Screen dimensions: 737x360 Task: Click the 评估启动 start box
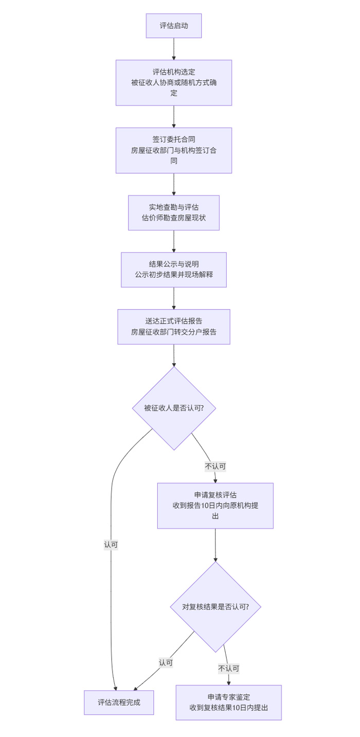coord(173,26)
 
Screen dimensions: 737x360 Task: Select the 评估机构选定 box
coord(173,82)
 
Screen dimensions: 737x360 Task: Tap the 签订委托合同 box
coord(173,150)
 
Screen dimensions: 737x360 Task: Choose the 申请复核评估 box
coord(215,506)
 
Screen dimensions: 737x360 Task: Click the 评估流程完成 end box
coord(119,702)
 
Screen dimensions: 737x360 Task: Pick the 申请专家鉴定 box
coord(228,702)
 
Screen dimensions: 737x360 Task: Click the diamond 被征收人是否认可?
coord(174,408)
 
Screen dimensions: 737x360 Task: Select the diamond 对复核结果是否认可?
coord(215,607)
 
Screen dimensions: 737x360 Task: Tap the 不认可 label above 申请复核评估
coord(215,466)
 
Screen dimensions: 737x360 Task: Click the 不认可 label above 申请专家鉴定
coord(228,669)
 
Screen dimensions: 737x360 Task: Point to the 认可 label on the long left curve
coord(111,545)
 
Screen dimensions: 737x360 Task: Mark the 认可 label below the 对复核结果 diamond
coord(166,663)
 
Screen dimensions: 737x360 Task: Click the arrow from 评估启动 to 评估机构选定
coord(174,49)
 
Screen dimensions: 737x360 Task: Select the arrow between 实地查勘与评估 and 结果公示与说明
coord(174,241)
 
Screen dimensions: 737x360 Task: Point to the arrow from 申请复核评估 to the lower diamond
coord(215,545)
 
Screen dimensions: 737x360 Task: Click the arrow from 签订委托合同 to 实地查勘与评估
coord(174,184)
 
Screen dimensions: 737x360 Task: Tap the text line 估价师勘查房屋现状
coord(173,218)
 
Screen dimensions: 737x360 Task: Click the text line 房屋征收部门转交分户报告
coord(173,332)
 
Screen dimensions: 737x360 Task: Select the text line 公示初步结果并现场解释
coord(173,275)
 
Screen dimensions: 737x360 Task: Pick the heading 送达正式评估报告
coord(173,321)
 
